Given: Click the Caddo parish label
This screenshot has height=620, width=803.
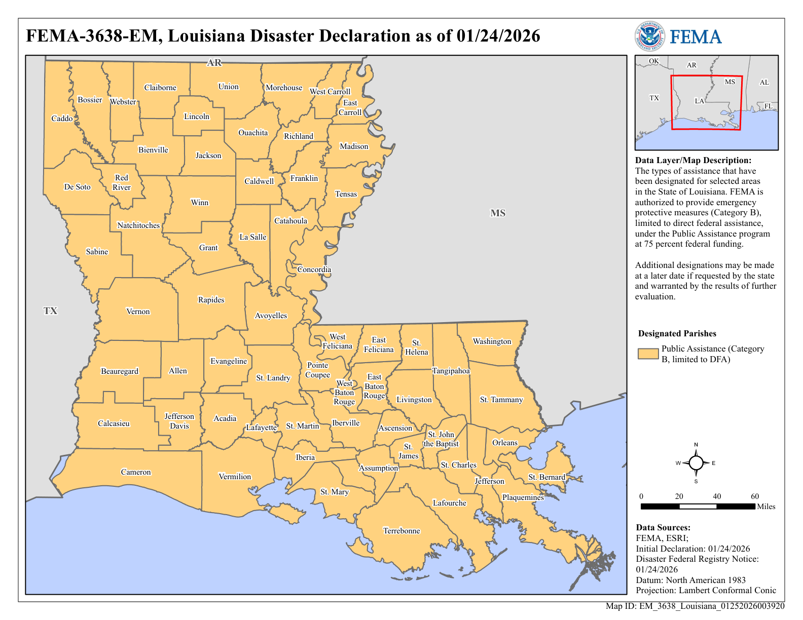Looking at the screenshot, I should (x=62, y=119).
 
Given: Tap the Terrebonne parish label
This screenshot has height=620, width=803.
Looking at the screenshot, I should (x=401, y=531).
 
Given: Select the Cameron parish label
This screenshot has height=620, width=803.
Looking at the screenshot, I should (x=136, y=472).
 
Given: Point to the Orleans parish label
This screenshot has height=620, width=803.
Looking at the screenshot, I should (x=505, y=443).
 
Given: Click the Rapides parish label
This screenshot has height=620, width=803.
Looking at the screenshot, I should (x=211, y=300).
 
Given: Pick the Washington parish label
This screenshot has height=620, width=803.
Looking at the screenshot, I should (x=492, y=341).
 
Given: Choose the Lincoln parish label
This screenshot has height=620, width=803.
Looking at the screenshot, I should (x=197, y=117).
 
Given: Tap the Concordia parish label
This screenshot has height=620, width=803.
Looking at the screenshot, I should (x=314, y=269).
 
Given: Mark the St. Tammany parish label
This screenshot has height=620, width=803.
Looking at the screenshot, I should (x=501, y=400).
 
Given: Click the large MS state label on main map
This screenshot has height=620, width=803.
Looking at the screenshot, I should (x=498, y=213).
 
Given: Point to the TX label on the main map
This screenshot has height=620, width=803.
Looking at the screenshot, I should (x=50, y=311).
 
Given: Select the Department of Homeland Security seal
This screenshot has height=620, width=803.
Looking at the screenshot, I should (x=649, y=36).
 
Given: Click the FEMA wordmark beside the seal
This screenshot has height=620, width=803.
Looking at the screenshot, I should (x=696, y=37).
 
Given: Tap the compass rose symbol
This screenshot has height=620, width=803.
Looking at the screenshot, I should (x=696, y=463).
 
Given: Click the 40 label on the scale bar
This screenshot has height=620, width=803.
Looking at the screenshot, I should (x=717, y=496).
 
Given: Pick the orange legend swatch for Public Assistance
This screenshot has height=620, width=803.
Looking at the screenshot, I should (x=648, y=354).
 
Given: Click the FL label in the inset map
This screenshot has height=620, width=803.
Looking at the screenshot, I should (x=769, y=106).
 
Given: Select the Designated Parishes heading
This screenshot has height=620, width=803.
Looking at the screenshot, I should (x=677, y=333).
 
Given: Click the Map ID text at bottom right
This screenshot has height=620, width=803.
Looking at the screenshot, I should (x=695, y=606).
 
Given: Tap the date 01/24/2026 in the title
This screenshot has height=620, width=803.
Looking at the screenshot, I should (x=498, y=36).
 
